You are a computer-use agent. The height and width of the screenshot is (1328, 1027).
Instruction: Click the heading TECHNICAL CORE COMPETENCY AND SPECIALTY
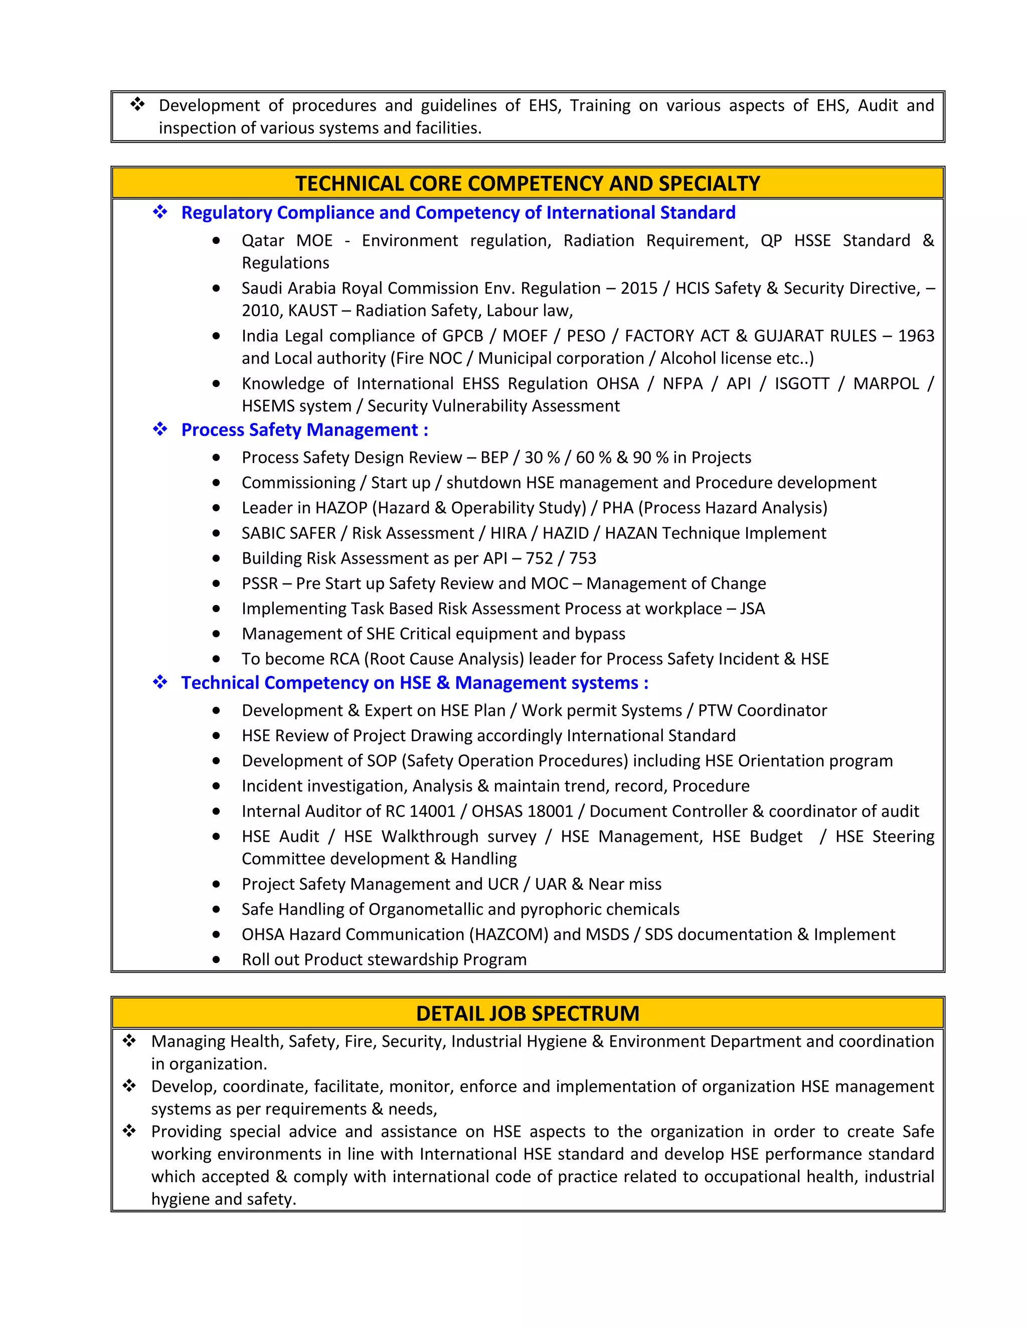coord(528,183)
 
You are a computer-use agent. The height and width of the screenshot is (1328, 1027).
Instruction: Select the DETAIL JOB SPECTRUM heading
coord(528,1014)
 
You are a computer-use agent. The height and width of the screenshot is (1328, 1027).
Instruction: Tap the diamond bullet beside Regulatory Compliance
coord(160,212)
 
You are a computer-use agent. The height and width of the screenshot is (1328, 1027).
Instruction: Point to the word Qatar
coord(263,241)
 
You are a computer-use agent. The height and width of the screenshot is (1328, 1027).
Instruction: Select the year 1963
coord(916,336)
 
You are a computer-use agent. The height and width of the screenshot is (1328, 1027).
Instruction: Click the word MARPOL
coord(886,384)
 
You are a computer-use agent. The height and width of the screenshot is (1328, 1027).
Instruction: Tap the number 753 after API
coord(582,558)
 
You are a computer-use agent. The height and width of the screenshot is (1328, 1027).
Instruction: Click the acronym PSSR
coord(260,584)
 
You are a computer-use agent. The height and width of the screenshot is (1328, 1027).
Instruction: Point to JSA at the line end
coord(752,609)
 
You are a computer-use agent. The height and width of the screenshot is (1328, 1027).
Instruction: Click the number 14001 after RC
coord(433,811)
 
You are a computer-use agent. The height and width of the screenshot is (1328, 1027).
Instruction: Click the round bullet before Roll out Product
coord(216,960)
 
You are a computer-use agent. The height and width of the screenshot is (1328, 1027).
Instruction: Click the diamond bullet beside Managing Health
coord(129,1041)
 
